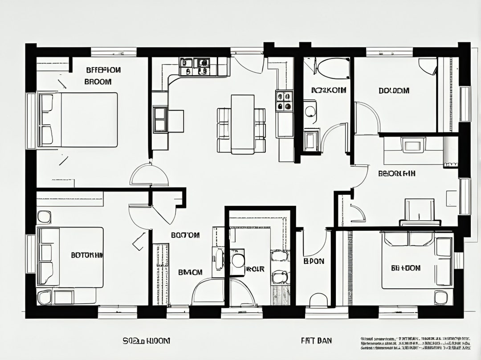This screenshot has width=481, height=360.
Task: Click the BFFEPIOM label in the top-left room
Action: pos(103,70)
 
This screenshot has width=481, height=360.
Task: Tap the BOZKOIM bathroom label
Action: pos(329,90)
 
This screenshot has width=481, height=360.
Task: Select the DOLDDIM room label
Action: pos(394,91)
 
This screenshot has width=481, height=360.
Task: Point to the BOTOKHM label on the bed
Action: pos(87,255)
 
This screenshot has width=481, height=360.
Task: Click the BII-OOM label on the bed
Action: pos(406,268)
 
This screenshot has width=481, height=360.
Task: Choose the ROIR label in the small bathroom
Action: pos(255,269)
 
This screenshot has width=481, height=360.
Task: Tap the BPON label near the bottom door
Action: pos(314,261)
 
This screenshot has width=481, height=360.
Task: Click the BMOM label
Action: pos(190,272)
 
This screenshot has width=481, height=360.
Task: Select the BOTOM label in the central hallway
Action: pos(185,235)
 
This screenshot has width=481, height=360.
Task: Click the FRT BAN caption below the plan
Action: pos(316,341)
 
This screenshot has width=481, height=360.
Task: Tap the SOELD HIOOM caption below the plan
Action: pos(146,341)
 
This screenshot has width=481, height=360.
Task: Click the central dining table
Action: pos(242,124)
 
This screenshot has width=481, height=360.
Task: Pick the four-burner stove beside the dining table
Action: pos(284,101)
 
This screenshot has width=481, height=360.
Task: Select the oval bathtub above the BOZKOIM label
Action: pos(333,68)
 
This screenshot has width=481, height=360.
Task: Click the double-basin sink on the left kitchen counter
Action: pos(160,119)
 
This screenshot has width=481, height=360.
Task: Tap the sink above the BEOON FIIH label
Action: pos(413,144)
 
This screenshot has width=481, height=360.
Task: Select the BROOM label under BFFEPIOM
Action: pos(98,82)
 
